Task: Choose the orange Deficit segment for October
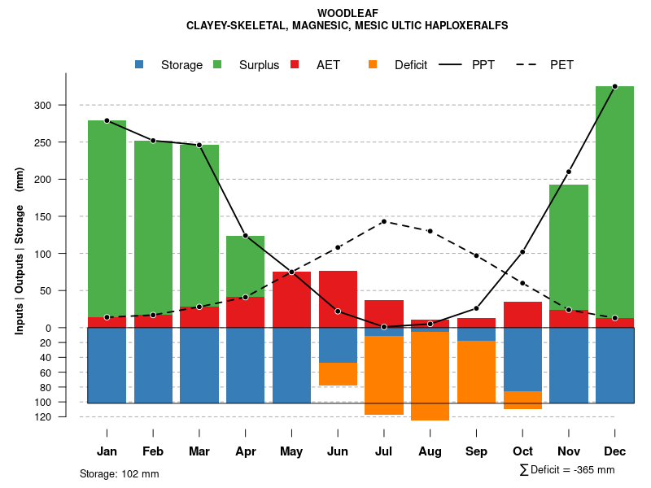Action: coord(522,400)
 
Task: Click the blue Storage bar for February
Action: coord(153,365)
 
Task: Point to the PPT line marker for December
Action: coord(614,86)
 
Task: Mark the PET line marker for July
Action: coord(384,221)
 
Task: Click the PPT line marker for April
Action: coord(246,236)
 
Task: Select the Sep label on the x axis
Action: coord(476,451)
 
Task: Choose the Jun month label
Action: coord(338,451)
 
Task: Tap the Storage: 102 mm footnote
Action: coord(119,473)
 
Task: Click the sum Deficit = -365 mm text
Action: coord(567,470)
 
